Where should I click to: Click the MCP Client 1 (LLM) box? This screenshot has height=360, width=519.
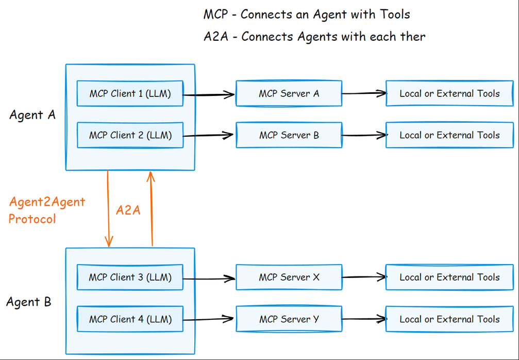tap(130, 93)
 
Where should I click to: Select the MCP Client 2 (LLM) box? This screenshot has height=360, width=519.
tap(130, 135)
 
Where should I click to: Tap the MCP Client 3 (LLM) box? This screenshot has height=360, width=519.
tap(130, 277)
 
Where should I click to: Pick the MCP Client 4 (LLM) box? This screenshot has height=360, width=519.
tap(130, 319)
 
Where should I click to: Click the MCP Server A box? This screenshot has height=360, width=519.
tap(289, 93)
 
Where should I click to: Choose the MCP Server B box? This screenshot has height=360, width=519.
tap(289, 135)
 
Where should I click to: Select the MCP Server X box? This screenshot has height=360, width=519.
tap(289, 277)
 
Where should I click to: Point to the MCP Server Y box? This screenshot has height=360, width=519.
tap(289, 319)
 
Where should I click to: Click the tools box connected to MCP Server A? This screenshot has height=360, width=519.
tap(449, 93)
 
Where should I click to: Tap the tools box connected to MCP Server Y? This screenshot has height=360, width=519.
tap(449, 319)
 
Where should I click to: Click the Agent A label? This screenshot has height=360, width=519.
tap(32, 115)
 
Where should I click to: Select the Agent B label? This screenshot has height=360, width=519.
tap(29, 302)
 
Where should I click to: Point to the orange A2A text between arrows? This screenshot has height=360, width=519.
tap(128, 210)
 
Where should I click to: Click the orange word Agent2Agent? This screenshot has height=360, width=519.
tap(47, 202)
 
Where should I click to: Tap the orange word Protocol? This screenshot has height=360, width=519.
tap(32, 219)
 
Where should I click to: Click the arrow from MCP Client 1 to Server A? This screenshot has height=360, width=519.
tap(209, 94)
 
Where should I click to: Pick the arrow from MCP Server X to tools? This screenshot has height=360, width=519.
tap(363, 277)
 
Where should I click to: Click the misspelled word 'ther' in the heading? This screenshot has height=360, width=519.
tap(413, 37)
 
